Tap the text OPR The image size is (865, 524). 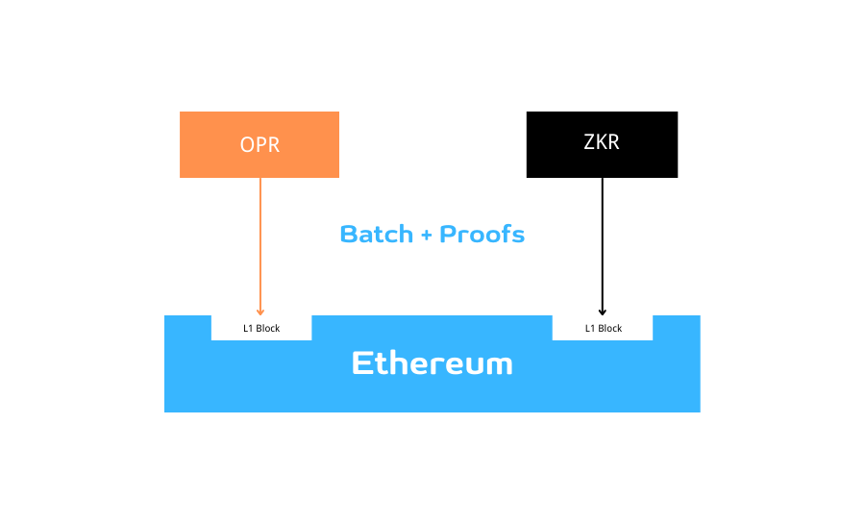(259, 145)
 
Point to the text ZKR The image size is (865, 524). (602, 141)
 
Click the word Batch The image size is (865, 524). (376, 234)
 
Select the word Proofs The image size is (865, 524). (482, 234)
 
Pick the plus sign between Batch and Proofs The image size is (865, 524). (426, 235)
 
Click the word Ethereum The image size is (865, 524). (432, 363)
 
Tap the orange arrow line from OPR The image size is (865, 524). (259, 240)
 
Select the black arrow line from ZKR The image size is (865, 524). (602, 240)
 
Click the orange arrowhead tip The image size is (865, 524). (259, 312)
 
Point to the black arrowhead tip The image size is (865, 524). (602, 312)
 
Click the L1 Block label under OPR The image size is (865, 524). (261, 329)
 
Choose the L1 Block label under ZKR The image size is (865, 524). (604, 329)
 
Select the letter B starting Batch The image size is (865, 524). (349, 234)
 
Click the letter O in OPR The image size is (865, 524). (247, 145)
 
